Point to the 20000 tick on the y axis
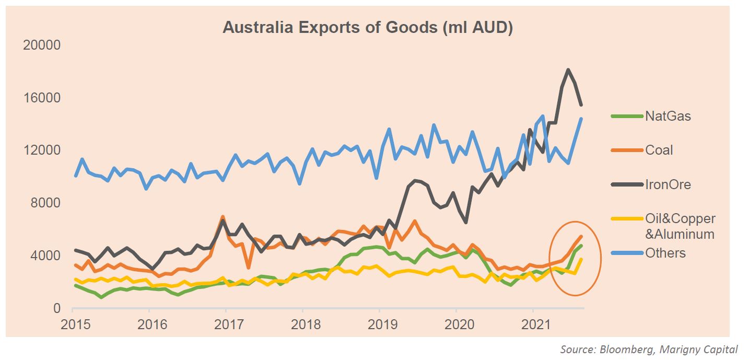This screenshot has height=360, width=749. (42, 45)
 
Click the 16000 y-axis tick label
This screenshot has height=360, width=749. (42, 98)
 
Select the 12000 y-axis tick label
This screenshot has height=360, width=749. (42, 150)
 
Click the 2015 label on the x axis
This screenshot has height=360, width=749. (76, 324)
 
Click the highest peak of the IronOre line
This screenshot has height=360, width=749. (568, 69)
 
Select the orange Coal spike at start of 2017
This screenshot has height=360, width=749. (223, 216)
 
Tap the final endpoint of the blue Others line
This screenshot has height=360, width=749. (581, 119)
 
